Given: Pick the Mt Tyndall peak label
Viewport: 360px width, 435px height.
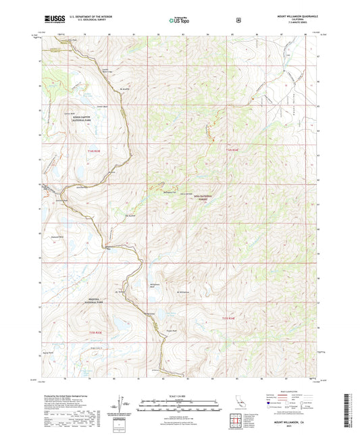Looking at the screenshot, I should coord(122,291).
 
